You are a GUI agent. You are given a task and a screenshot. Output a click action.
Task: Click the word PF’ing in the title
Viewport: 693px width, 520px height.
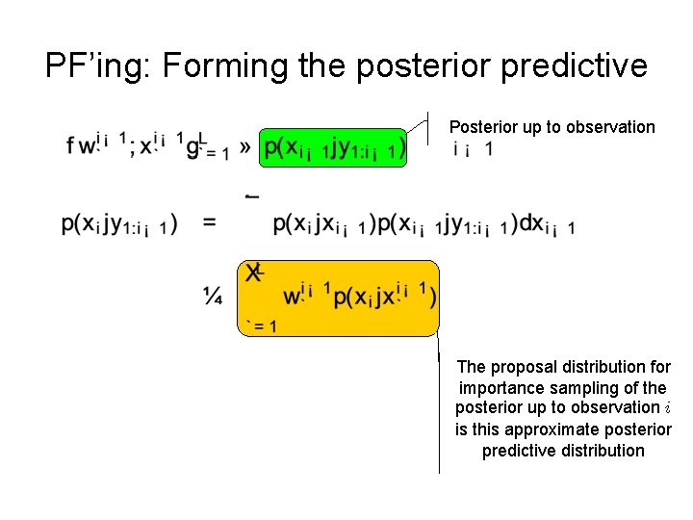coord(98,65)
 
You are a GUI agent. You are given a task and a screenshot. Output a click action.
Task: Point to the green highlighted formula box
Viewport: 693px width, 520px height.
coord(334,147)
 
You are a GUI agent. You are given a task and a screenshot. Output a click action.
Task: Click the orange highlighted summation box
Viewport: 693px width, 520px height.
coord(338,298)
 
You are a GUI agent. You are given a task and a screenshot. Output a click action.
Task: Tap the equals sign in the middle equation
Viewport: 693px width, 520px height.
coord(209,223)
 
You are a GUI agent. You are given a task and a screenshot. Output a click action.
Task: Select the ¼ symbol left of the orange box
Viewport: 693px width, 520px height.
coord(213,298)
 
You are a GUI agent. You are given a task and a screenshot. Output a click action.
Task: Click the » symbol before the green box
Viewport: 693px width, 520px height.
coord(245,147)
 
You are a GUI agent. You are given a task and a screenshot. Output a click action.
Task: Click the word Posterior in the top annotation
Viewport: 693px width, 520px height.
coord(483,127)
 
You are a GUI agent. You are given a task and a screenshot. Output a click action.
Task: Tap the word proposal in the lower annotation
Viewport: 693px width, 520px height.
coord(522,367)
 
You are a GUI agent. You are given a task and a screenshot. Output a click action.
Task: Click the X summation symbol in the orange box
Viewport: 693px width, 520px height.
coord(253,273)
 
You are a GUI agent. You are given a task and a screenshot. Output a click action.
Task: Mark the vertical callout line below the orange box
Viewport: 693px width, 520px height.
coord(439,404)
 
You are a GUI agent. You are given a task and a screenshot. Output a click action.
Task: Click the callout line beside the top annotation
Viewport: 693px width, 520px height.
coord(428,127)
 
